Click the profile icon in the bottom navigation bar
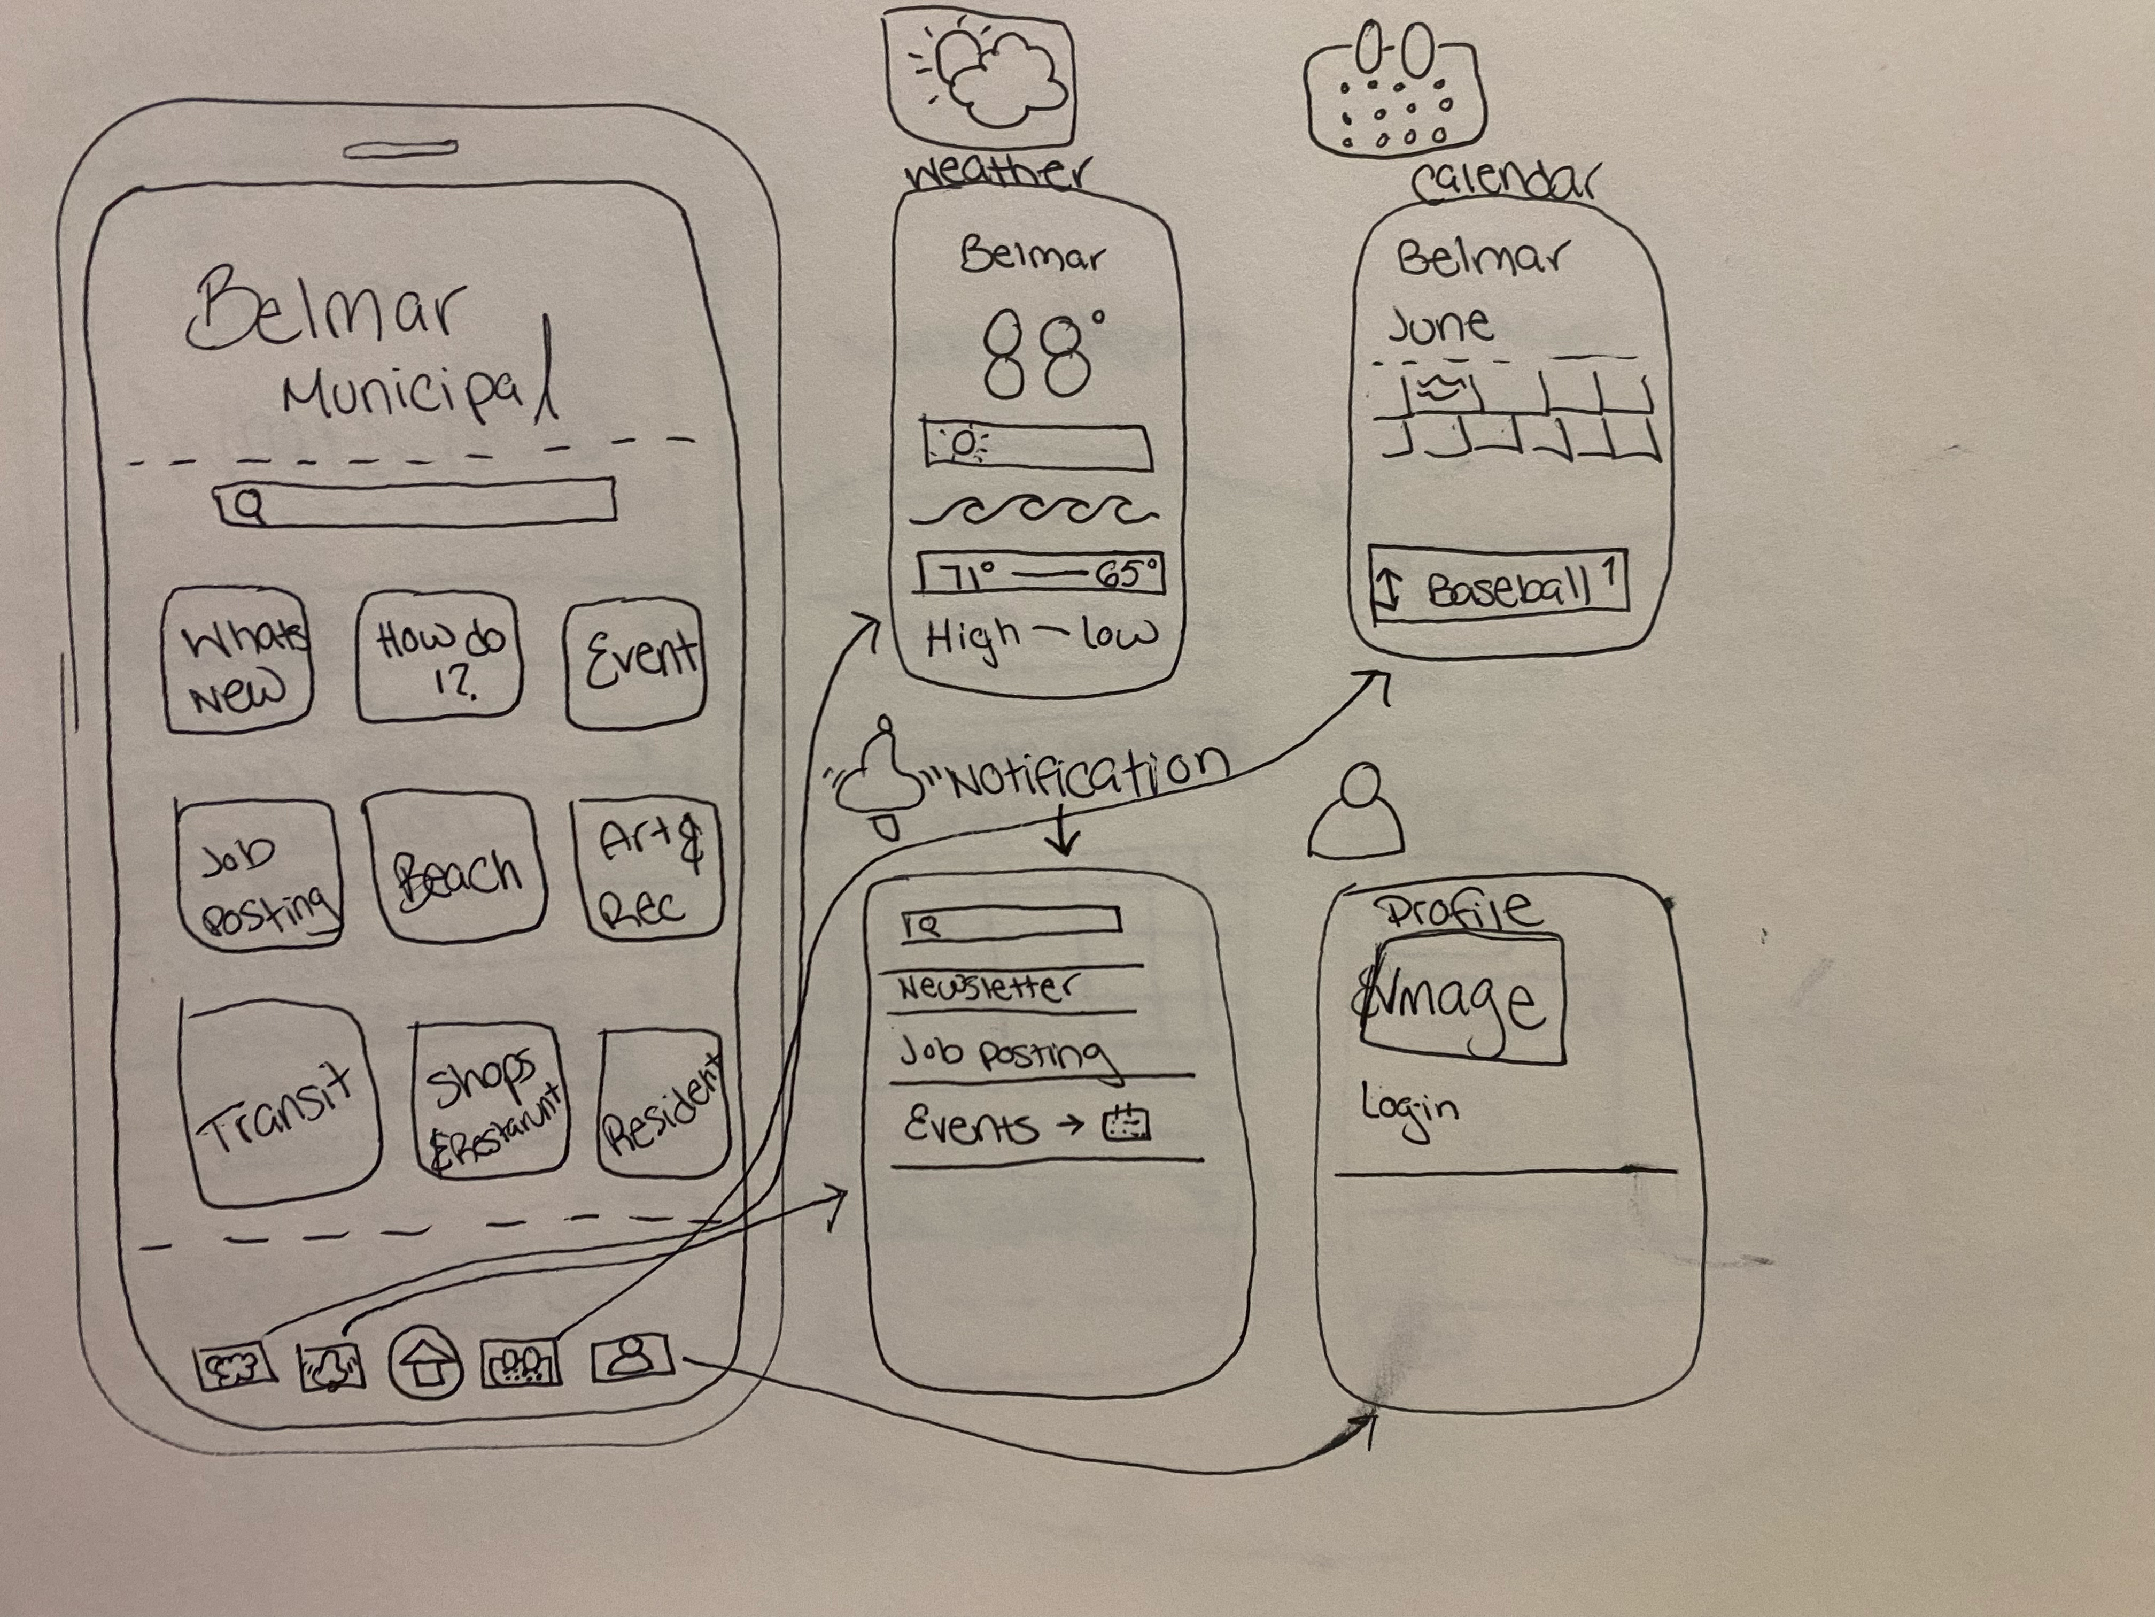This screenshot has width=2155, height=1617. (631, 1357)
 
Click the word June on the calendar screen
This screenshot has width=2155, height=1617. (1439, 325)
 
